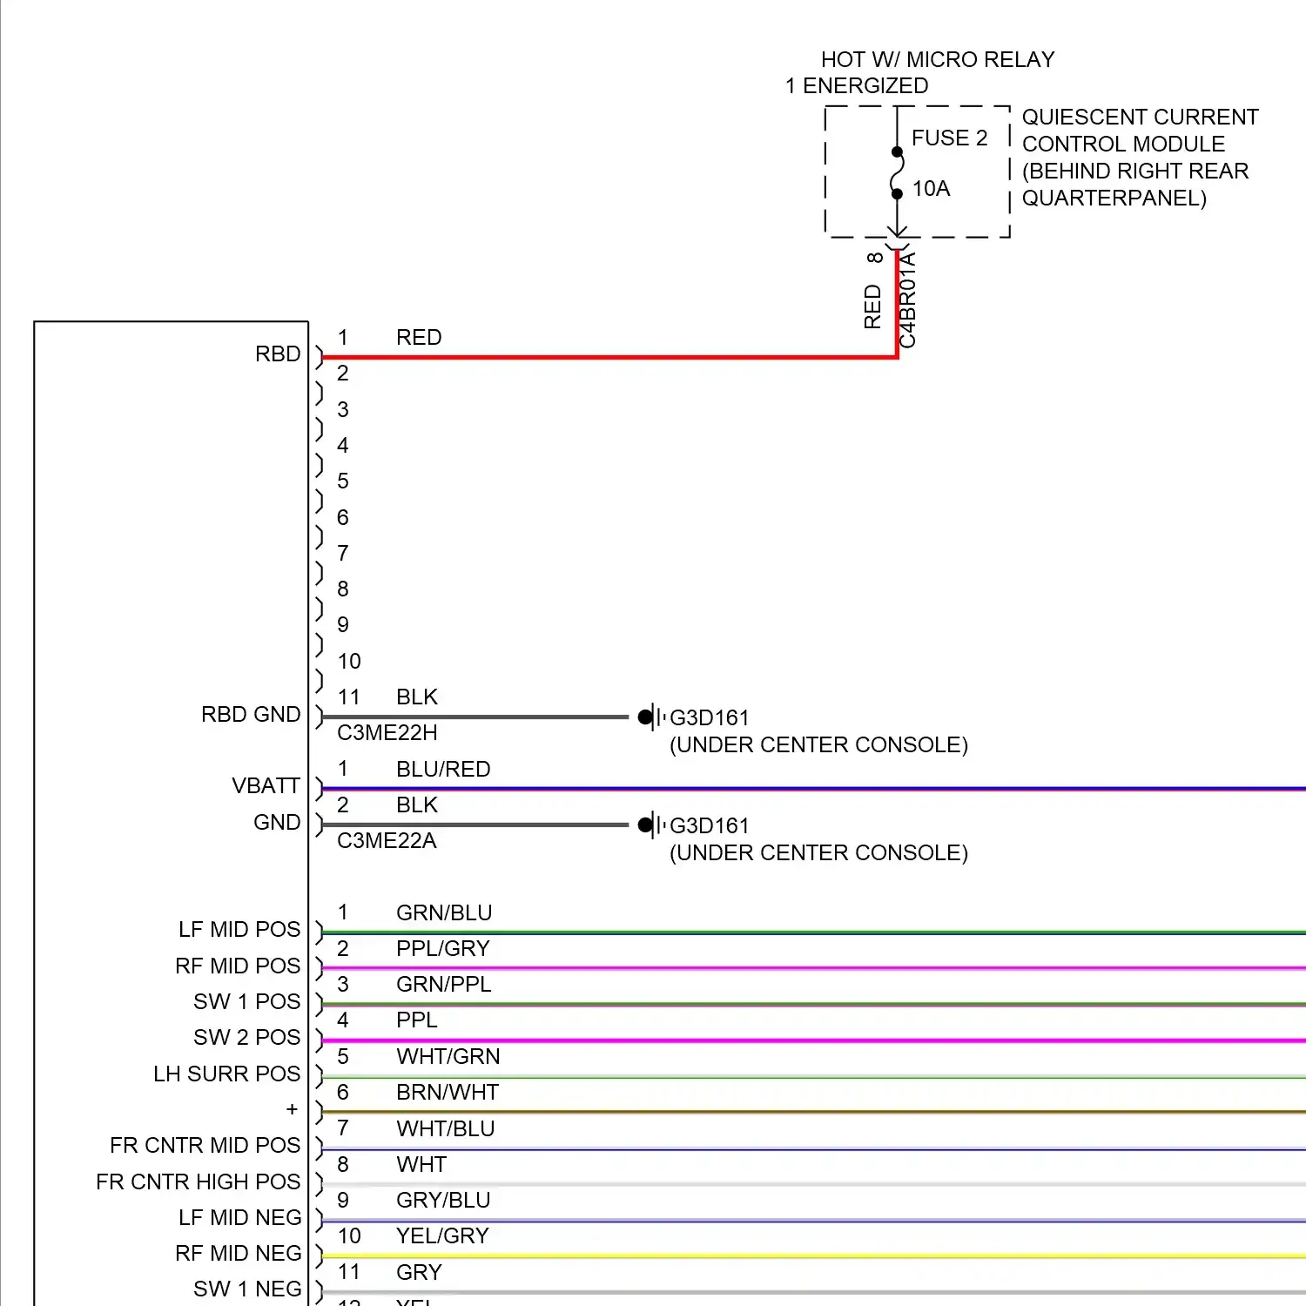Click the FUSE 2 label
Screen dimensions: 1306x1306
pos(949,138)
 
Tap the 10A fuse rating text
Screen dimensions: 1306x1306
pos(931,189)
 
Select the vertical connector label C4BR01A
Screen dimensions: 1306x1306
pos(908,300)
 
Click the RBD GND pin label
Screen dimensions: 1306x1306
pos(251,715)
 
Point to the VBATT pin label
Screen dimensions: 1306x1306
pos(266,786)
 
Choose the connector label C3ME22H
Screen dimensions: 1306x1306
pos(387,733)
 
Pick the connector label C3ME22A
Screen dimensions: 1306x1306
pos(387,841)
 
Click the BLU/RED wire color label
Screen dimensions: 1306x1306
pos(443,770)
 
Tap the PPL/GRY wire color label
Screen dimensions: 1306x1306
pos(443,949)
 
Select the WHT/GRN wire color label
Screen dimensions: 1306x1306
pos(448,1057)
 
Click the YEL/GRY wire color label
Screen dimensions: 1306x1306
pos(442,1236)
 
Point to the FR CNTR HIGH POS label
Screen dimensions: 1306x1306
pos(198,1182)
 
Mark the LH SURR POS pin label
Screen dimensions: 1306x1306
pos(226,1074)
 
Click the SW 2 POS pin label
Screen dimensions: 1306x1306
pos(246,1038)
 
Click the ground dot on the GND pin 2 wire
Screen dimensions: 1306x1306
pos(645,825)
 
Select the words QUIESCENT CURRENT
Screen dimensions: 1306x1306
pos(1140,118)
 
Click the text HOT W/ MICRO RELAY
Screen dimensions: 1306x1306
pos(938,60)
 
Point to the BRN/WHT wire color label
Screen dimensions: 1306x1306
pos(448,1093)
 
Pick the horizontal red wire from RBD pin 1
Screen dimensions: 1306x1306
pos(609,357)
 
